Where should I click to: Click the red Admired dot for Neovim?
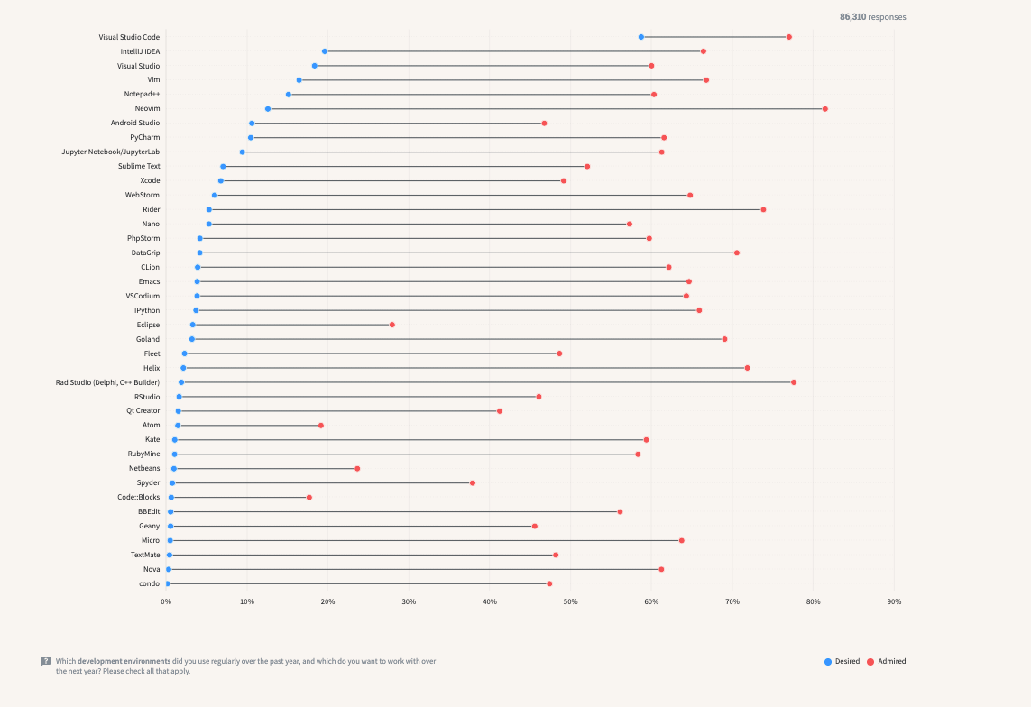point(824,109)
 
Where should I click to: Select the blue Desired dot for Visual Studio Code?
point(641,37)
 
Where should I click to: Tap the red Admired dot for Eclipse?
point(391,325)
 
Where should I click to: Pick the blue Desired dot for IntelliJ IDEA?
point(325,51)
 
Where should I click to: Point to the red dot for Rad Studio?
point(794,382)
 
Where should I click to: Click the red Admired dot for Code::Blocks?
point(308,498)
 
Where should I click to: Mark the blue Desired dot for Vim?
point(299,80)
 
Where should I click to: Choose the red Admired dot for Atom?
point(320,426)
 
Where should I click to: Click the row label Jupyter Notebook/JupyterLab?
point(110,151)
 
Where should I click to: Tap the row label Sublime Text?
point(139,166)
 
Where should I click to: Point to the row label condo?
point(149,583)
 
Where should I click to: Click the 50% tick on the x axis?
point(570,601)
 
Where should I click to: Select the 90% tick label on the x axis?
point(894,601)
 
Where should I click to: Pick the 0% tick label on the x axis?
point(166,601)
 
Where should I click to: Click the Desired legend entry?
point(842,661)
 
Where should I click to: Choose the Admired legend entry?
point(887,661)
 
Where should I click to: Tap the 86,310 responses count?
point(872,17)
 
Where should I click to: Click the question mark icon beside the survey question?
point(46,661)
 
